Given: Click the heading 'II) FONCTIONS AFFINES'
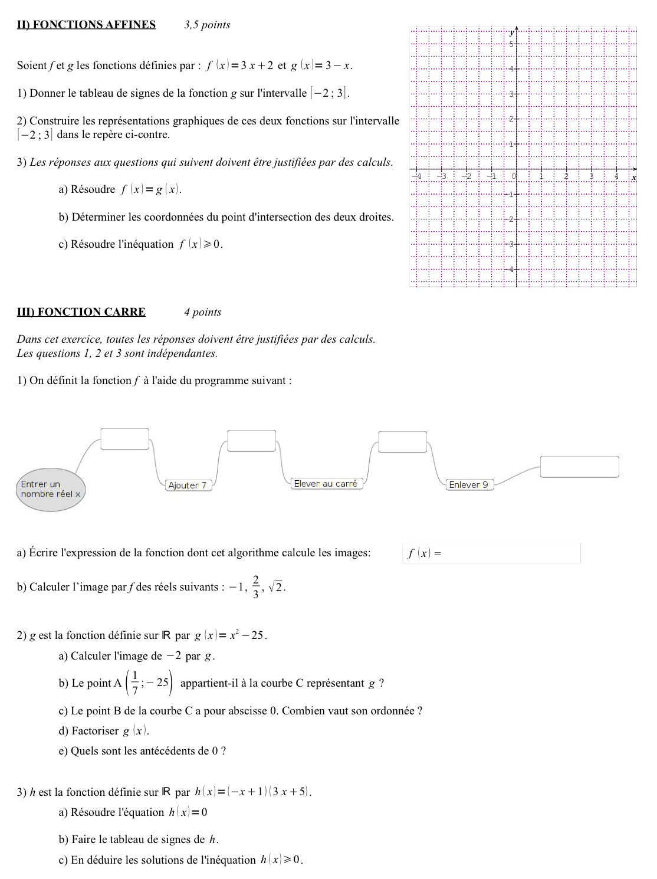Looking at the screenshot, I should point(86,25).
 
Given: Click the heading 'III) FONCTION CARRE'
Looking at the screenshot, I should point(81,312).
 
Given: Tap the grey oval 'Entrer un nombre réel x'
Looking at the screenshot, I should point(50,490).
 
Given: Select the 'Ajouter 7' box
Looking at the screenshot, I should point(188,486).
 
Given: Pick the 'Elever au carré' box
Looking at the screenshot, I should point(326,484).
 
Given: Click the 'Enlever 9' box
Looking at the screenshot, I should point(469,485).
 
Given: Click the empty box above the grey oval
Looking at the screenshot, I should point(124,439).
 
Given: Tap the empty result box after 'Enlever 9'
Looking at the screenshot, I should point(579,467).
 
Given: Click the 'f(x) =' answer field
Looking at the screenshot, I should point(491,553).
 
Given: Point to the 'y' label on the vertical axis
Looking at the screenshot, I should point(512,33).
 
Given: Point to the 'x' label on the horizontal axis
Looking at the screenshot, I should point(634,177).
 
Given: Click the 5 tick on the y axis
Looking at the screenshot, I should point(511,44).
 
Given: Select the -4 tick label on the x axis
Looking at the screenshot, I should point(418,176).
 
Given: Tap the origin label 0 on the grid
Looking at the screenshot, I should point(514,176).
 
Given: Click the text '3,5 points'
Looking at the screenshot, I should point(207,25).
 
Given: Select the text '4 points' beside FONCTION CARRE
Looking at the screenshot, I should point(202,312).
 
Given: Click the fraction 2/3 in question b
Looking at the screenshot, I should point(255,587).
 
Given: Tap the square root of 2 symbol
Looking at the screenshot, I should point(275,586).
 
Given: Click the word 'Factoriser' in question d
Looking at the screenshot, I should point(95,731).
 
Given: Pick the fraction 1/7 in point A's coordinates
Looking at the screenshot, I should point(135,683).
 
